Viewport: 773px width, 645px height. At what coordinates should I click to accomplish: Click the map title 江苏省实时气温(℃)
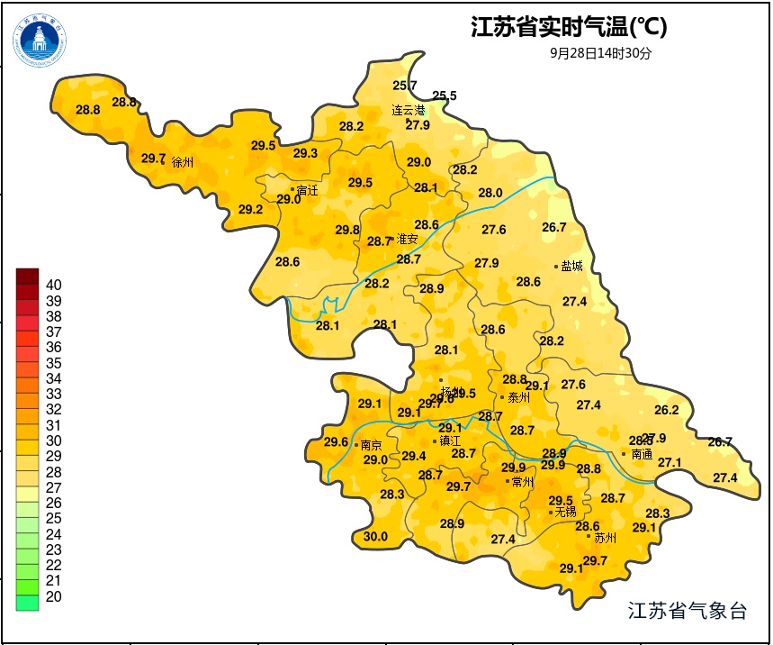coord(569,28)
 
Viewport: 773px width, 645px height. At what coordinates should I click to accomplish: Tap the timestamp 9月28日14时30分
coord(600,53)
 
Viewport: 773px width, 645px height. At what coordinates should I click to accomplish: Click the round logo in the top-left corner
coord(40,39)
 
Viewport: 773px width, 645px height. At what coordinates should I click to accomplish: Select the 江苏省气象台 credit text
coord(688,611)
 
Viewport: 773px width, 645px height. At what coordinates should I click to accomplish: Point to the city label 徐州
coord(182,163)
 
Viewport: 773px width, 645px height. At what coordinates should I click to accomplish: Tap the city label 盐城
coord(571,266)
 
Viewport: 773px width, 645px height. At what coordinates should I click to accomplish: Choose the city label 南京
coord(371,445)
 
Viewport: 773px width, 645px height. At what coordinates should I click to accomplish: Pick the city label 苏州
coord(606,538)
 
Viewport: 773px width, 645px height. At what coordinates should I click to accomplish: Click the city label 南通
coord(642,454)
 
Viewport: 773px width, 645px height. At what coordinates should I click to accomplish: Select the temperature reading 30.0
coord(375,537)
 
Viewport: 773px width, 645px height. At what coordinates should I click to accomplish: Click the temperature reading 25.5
coord(445,95)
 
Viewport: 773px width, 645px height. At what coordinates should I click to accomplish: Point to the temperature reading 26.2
coord(667,410)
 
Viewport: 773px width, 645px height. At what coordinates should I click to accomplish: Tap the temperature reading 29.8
coord(347,230)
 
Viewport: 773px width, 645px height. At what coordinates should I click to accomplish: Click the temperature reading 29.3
coord(305,153)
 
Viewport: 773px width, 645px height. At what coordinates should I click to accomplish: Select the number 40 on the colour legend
coord(53,285)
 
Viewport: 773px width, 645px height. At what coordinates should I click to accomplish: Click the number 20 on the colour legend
coord(53,596)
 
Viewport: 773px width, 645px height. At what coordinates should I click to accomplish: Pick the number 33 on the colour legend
coord(53,394)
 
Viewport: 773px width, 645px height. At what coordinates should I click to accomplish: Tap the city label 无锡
coord(565,512)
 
